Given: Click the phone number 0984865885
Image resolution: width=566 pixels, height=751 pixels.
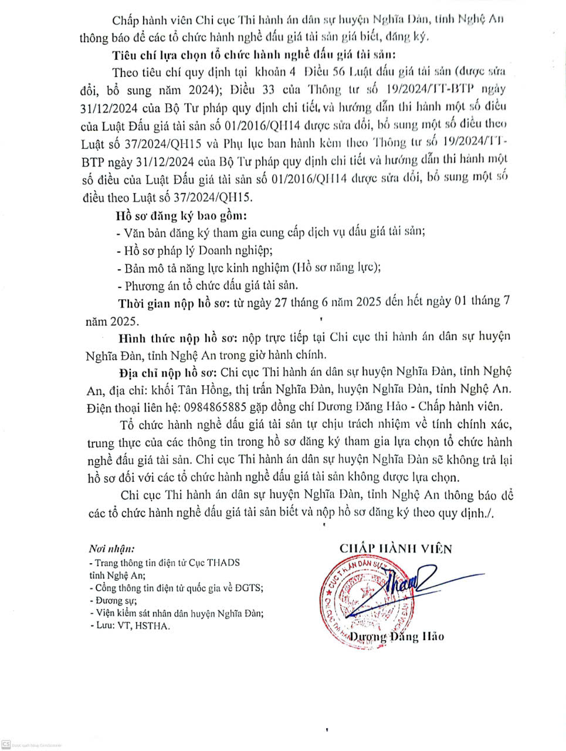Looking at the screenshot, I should pyautogui.click(x=215, y=407).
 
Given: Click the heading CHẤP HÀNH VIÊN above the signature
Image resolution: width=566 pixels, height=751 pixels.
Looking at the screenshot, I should pyautogui.click(x=396, y=549).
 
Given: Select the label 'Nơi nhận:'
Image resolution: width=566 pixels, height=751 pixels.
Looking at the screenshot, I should pyautogui.click(x=112, y=549).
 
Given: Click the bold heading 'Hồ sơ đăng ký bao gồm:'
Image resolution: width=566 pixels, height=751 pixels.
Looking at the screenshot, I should pyautogui.click(x=181, y=215).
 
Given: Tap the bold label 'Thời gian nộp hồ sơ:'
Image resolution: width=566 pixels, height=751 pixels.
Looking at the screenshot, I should pyautogui.click(x=169, y=303).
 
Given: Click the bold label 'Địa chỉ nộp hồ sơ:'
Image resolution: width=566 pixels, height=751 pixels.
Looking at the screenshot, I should pyautogui.click(x=168, y=372).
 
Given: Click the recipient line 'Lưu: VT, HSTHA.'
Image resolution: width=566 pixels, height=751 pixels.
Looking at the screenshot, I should pyautogui.click(x=130, y=626).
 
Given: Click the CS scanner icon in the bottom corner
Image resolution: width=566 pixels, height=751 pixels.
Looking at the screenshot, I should pyautogui.click(x=6, y=744).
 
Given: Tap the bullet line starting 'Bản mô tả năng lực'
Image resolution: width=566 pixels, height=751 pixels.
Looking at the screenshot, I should pyautogui.click(x=252, y=268).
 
